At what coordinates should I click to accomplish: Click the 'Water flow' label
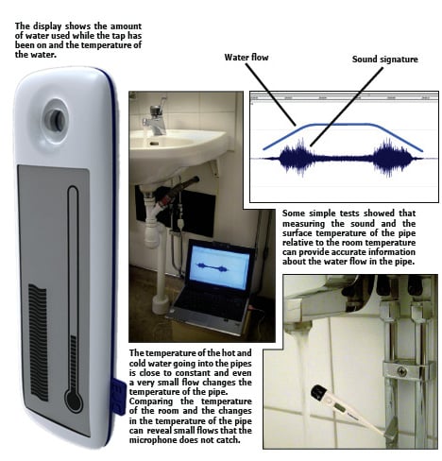pos(246,58)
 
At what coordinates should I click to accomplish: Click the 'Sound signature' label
pos(384,60)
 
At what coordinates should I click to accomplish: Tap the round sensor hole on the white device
pos(57,120)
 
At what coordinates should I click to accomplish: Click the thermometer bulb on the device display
pos(74,400)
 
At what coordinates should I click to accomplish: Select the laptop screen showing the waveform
pos(220,267)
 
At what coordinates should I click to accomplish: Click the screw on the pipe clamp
pos(402,372)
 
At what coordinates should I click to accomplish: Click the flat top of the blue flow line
pos(342,124)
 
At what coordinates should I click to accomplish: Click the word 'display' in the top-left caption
pos(47,26)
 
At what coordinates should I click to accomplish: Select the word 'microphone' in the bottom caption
pos(150,439)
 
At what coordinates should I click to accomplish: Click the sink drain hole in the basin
pos(154,144)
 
